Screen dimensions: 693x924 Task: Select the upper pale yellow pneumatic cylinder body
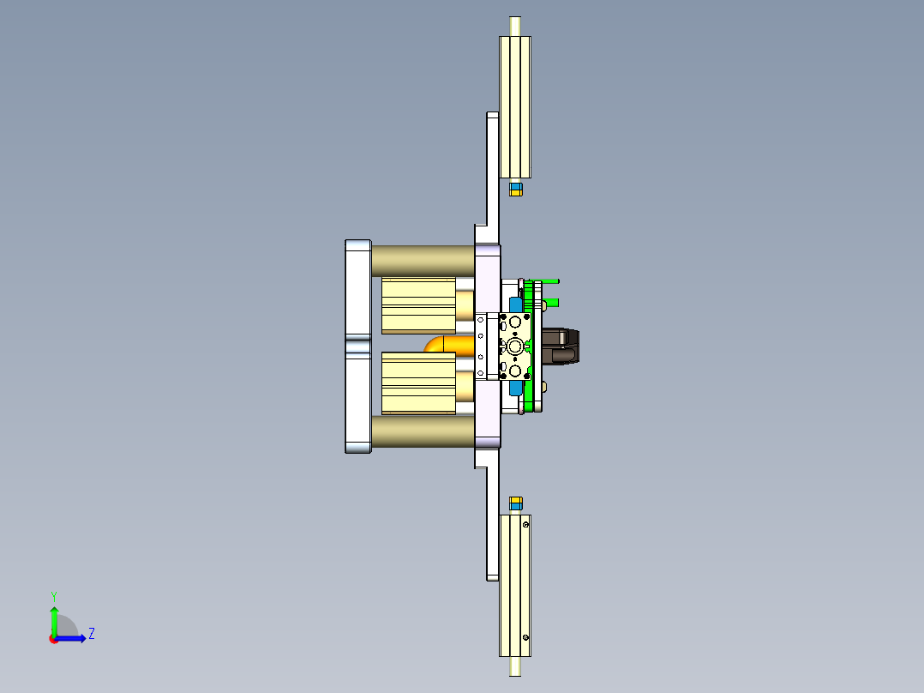click(417, 304)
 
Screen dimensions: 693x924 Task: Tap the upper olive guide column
click(423, 260)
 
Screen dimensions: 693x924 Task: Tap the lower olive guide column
click(423, 431)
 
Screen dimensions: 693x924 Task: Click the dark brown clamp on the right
click(561, 346)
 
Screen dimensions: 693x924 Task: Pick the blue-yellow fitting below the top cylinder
click(516, 189)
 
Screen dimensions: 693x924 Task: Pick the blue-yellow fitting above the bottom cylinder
click(516, 503)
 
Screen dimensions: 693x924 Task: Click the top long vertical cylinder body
click(515, 106)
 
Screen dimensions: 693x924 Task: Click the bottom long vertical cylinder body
click(515, 585)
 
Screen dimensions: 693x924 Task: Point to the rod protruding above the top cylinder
click(515, 26)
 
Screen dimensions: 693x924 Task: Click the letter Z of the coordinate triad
click(92, 634)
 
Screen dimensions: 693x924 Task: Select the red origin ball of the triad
click(54, 639)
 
